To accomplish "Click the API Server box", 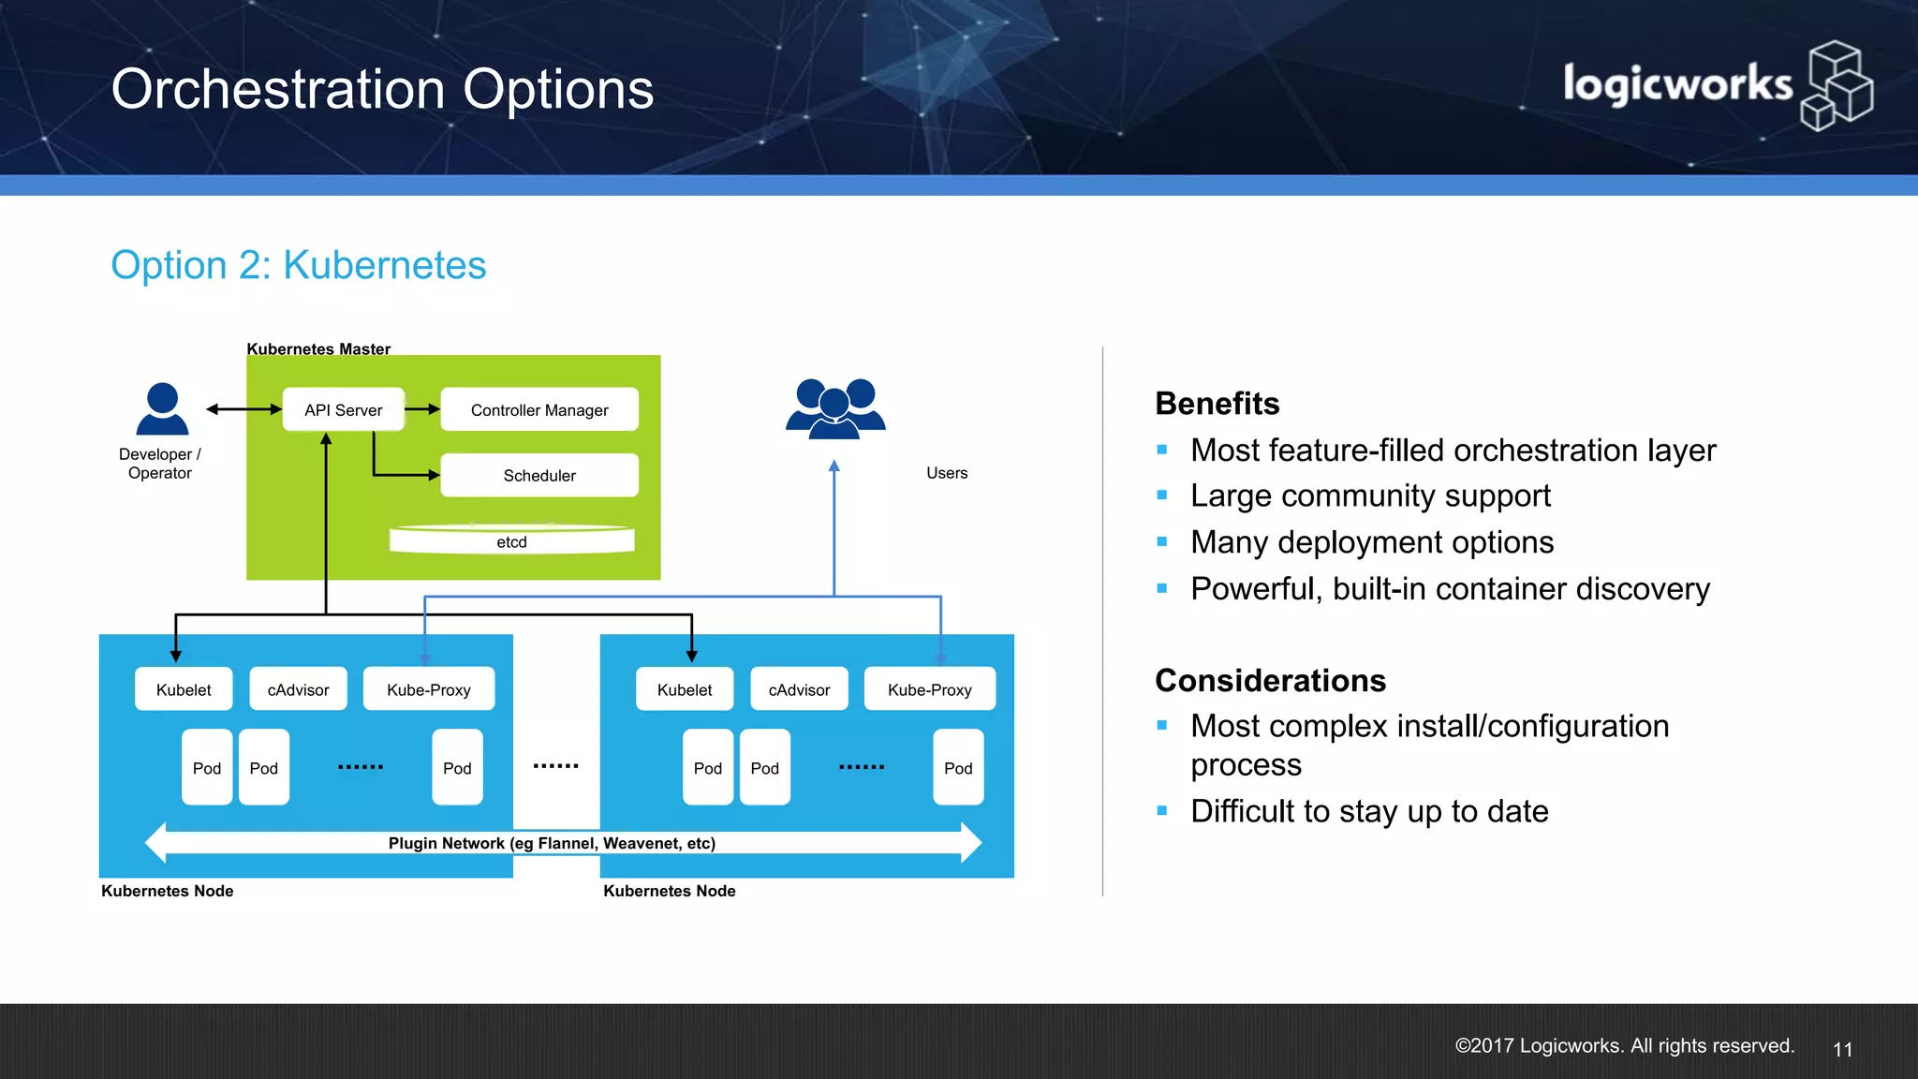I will [343, 409].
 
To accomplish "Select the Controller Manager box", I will [539, 409].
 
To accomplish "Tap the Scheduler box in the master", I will [539, 475].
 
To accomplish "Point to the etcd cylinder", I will [511, 540].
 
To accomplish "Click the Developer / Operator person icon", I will [162, 409].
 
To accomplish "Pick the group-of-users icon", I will [835, 409].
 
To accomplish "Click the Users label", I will [947, 473].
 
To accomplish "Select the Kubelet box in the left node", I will [184, 689].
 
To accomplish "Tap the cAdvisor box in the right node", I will [799, 689].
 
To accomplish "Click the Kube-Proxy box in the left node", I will [429, 689].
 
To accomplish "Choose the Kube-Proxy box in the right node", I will [929, 689].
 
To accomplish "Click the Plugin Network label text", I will [552, 843].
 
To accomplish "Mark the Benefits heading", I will [1217, 404].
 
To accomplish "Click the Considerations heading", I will [1270, 680].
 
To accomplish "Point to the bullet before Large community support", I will [1162, 495].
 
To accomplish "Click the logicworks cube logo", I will [1837, 86].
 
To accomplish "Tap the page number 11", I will [1842, 1049].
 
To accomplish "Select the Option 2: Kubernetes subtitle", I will [299, 265].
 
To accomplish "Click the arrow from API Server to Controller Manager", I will [422, 409].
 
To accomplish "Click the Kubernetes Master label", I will [318, 348].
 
